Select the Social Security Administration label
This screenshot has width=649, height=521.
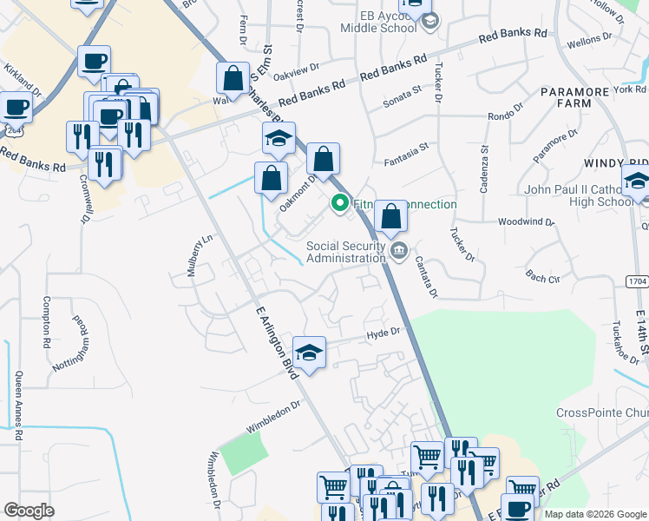(345, 252)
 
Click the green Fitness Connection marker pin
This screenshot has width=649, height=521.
(339, 204)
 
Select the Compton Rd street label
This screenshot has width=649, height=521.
(47, 319)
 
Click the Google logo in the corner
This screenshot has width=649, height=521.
(29, 510)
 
